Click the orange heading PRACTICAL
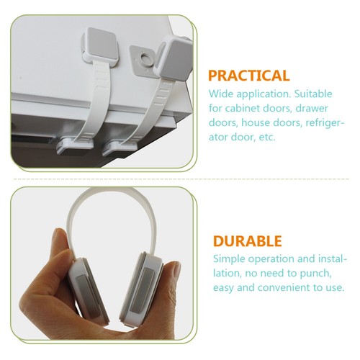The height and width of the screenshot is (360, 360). click(249, 76)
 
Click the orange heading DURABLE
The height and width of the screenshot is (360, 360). click(248, 241)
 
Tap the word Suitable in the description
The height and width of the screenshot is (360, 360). click(313, 94)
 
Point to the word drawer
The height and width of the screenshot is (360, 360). click(312, 108)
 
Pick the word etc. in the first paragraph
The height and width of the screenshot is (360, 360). click(267, 138)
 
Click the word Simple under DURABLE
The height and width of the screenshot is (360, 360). click(229, 259)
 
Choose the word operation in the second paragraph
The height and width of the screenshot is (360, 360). click(271, 259)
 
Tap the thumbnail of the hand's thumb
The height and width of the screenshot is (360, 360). click(177, 269)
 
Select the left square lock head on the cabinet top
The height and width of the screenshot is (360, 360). click(99, 46)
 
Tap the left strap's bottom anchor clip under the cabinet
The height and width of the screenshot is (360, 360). click(74, 146)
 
